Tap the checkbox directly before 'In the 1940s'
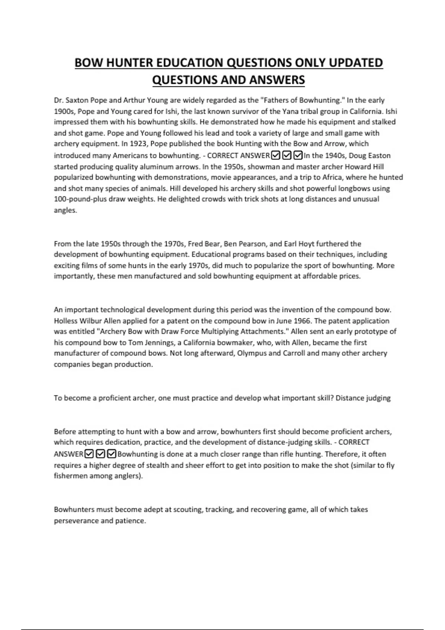click(x=298, y=155)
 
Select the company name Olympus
click(x=251, y=353)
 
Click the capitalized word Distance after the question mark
click(x=349, y=398)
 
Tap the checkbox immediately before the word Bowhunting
click(x=112, y=454)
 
